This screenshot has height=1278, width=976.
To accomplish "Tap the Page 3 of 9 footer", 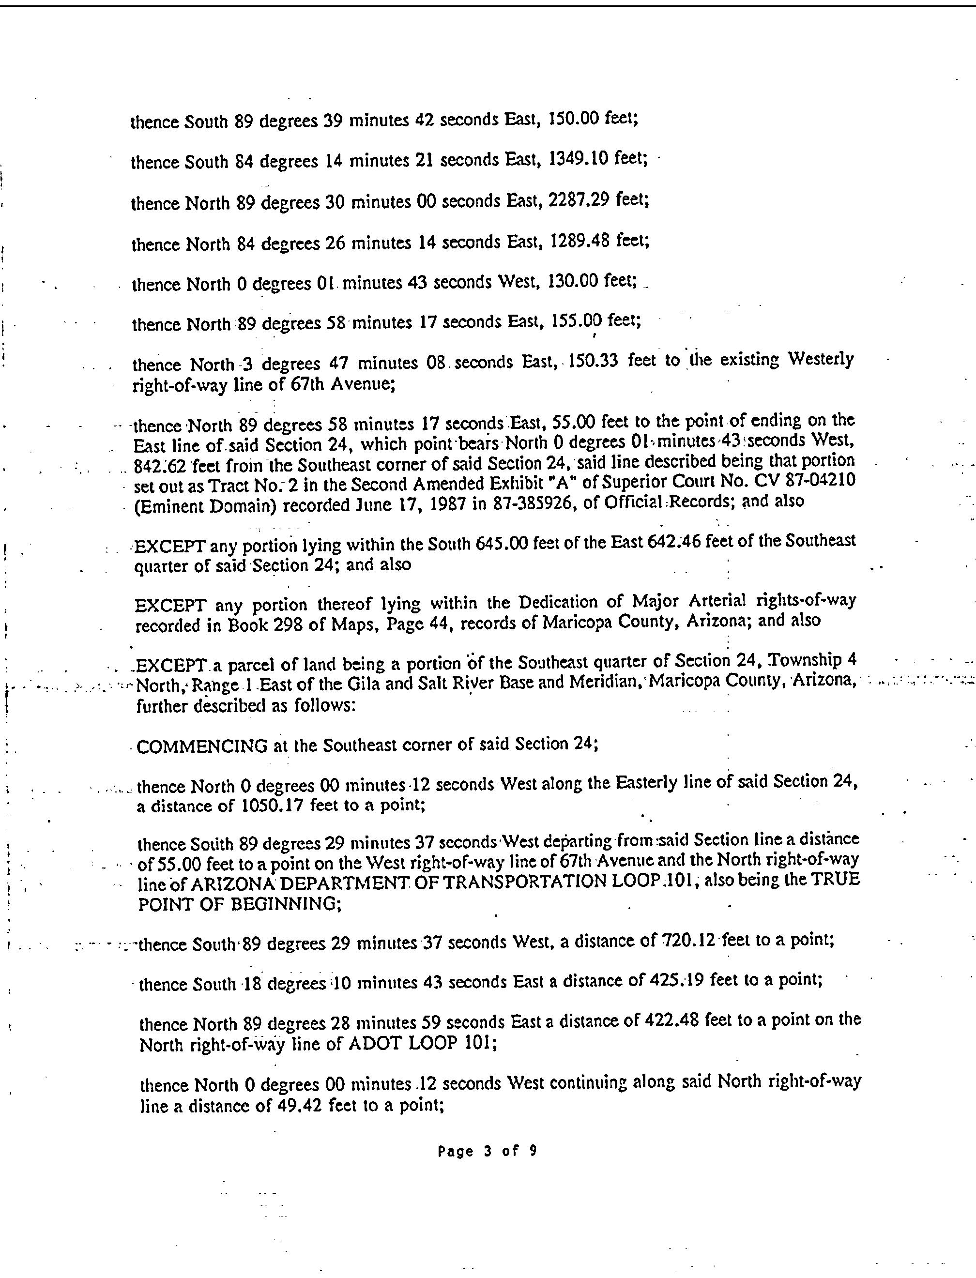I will point(487,1151).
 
